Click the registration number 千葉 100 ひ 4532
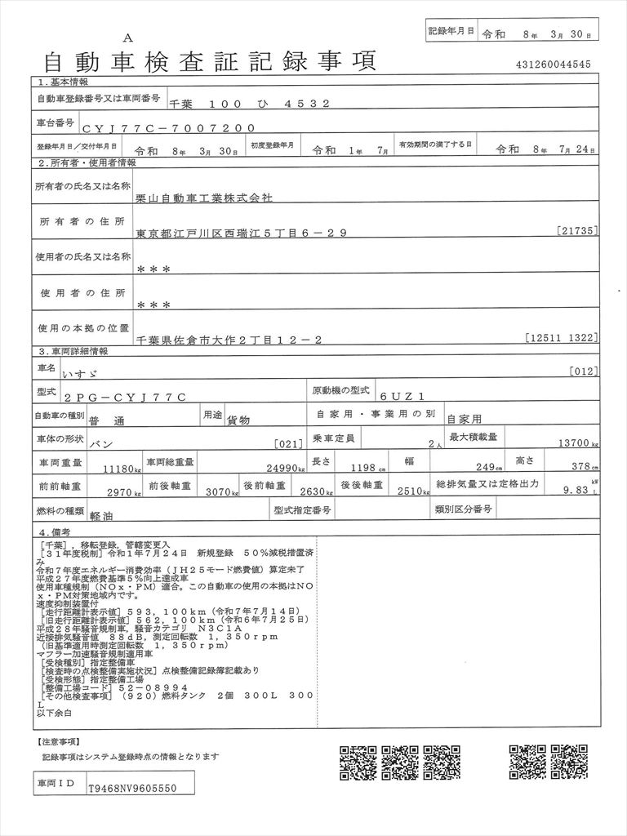[249, 104]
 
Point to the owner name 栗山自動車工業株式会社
[205, 198]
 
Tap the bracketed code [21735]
[579, 231]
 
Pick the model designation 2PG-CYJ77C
[131, 396]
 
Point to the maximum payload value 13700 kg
[575, 445]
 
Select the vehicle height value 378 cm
[582, 467]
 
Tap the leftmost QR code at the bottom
[356, 763]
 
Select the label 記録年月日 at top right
[451, 30]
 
